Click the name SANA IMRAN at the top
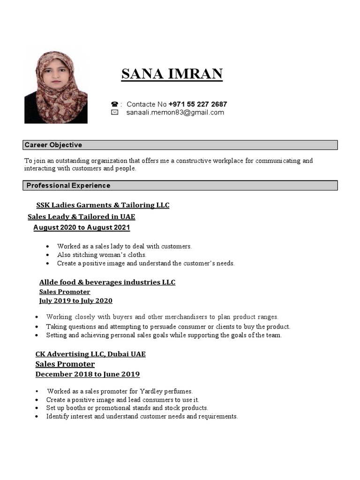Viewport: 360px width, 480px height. pyautogui.click(x=172, y=74)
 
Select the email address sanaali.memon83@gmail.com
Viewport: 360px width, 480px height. pyautogui.click(x=175, y=112)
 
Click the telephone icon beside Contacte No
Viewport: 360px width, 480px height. pyautogui.click(x=114, y=104)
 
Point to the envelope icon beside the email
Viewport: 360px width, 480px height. pyautogui.click(x=114, y=112)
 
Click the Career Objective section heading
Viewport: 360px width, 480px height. pyautogui.click(x=53, y=145)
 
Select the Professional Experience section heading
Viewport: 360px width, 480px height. pyautogui.click(x=68, y=186)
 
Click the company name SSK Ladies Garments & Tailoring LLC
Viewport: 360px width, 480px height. pyautogui.click(x=103, y=205)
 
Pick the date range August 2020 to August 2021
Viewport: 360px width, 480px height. pyautogui.click(x=82, y=228)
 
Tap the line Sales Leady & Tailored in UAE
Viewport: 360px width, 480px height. pyautogui.click(x=81, y=217)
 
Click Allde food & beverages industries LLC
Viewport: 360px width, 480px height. pyautogui.click(x=107, y=282)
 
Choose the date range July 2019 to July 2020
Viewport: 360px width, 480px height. pyautogui.click(x=75, y=301)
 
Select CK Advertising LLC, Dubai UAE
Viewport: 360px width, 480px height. pyautogui.click(x=90, y=354)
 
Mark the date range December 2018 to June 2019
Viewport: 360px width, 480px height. pyautogui.click(x=88, y=375)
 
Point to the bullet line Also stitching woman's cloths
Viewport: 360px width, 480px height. pyautogui.click(x=102, y=255)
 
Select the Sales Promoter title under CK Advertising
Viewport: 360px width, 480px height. pyautogui.click(x=65, y=364)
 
